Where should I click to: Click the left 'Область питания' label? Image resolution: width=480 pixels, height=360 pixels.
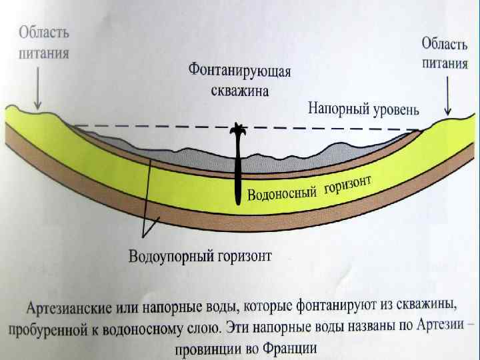[44, 42]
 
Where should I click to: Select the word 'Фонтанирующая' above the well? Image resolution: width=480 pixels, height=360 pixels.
[241, 71]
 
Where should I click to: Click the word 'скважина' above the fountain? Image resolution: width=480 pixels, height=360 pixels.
[241, 91]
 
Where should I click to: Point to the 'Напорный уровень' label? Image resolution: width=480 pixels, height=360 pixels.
[363, 109]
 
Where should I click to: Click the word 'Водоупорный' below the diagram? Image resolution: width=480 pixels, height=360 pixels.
[170, 257]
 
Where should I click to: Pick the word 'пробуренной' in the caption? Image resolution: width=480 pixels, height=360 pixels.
[43, 329]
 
